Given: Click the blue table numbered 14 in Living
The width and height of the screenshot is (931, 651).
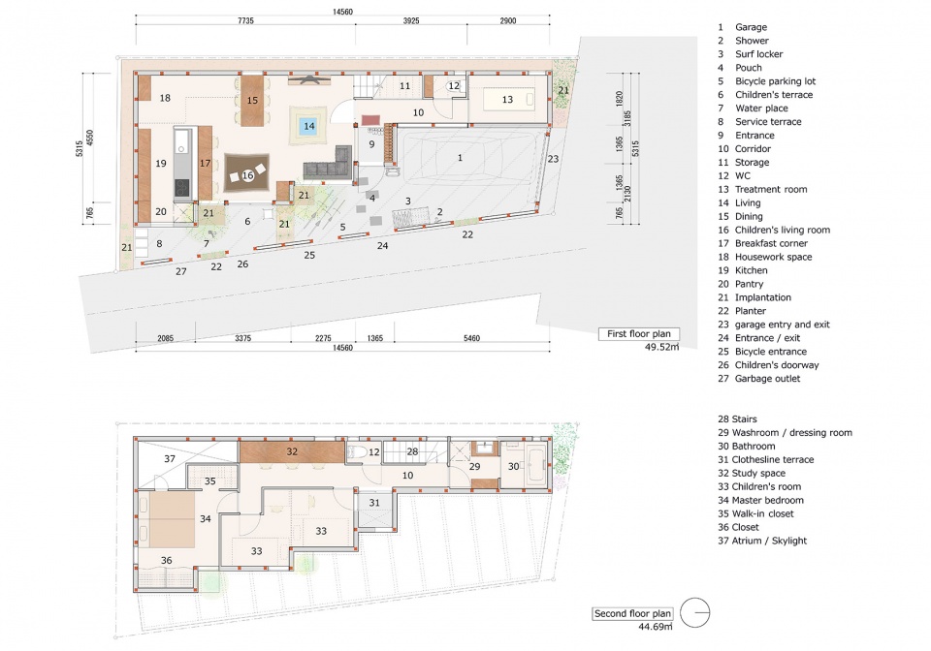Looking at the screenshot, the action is click(x=308, y=126).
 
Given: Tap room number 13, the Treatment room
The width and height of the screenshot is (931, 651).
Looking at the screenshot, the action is click(x=507, y=100).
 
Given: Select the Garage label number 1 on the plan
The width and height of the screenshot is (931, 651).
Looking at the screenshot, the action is click(x=460, y=158).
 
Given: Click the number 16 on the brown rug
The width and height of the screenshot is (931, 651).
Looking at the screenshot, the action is click(x=247, y=175).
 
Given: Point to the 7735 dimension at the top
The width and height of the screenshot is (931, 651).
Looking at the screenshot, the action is click(x=245, y=20).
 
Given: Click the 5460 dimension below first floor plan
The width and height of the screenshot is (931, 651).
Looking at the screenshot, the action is click(x=471, y=338).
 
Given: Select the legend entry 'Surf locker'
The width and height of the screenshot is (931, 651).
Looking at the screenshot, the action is click(x=758, y=54).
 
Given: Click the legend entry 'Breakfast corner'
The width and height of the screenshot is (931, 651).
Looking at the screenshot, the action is click(x=771, y=243).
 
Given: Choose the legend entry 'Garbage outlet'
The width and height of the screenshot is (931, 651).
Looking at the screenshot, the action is click(x=767, y=378).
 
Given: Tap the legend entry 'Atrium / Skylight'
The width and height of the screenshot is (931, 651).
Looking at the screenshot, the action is click(x=769, y=541).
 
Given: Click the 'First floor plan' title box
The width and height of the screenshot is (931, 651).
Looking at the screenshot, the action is click(x=639, y=334).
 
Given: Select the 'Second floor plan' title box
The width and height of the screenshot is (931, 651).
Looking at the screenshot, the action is click(x=632, y=613).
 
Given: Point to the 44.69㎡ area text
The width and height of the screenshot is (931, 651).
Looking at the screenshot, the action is click(x=656, y=627).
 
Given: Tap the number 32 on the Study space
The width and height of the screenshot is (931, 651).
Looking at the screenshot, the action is click(x=292, y=451).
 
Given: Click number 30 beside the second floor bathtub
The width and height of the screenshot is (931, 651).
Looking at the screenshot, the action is click(x=514, y=467).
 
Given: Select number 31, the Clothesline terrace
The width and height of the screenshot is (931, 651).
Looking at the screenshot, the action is click(x=374, y=503).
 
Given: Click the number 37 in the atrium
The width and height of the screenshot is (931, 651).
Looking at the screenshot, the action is click(x=170, y=458).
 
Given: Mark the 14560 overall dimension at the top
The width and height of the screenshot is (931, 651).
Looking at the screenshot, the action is click(x=342, y=12).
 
